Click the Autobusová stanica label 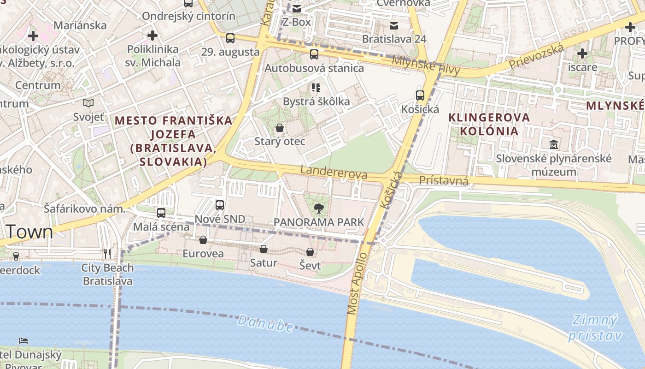click(314, 68)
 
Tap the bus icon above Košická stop click(420, 95)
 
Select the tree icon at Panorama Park click(318, 209)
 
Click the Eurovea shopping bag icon click(203, 240)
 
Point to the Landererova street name click(334, 173)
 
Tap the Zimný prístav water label click(595, 327)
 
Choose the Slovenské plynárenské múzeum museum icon click(553, 144)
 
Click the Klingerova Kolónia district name click(489, 124)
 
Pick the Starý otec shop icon click(279, 128)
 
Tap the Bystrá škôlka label click(316, 101)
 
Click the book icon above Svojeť click(88, 103)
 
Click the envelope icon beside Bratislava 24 click(394, 26)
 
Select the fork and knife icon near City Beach click(107, 253)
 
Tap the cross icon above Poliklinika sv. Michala click(152, 35)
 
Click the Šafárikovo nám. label click(84, 209)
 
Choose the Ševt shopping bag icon click(310, 252)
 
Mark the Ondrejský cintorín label click(188, 16)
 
